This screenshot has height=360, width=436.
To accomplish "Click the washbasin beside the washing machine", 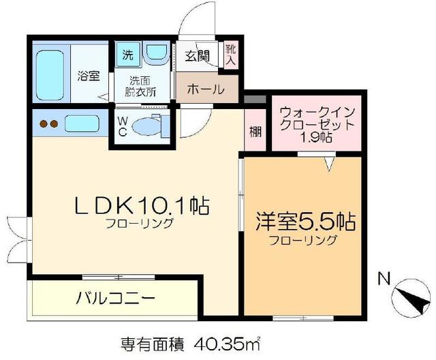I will tap(156, 54).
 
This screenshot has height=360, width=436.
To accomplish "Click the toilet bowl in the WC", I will tap(146, 127).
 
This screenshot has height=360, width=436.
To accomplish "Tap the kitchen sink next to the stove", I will tap(82, 125).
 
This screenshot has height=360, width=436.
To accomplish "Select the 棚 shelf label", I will tap(255, 131).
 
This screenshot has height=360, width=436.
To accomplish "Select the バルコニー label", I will tap(116, 298).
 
